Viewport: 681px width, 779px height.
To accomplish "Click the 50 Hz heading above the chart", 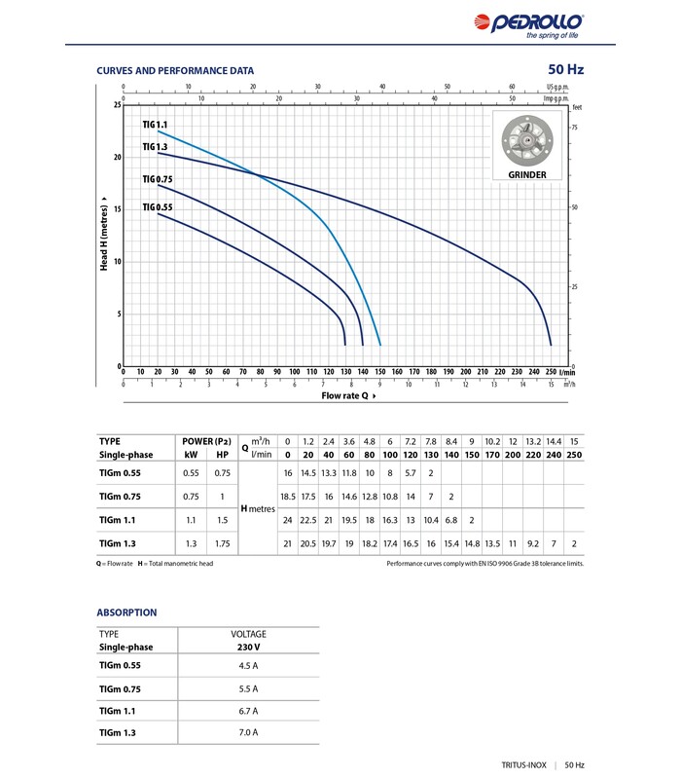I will (565, 69).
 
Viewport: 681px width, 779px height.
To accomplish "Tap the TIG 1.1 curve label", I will (156, 125).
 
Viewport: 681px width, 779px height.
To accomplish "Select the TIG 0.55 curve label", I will (157, 207).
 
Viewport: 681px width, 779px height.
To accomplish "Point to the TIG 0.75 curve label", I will (157, 179).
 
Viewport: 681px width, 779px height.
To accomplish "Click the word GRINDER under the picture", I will (527, 175).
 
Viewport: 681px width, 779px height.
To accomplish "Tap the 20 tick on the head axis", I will (117, 157).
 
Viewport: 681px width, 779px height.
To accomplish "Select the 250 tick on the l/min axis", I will (551, 371).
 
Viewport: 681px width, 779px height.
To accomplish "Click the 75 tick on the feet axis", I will (575, 129).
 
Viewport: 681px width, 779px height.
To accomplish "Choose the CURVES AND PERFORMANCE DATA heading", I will (175, 70).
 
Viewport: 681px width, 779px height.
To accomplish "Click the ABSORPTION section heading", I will (126, 612).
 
